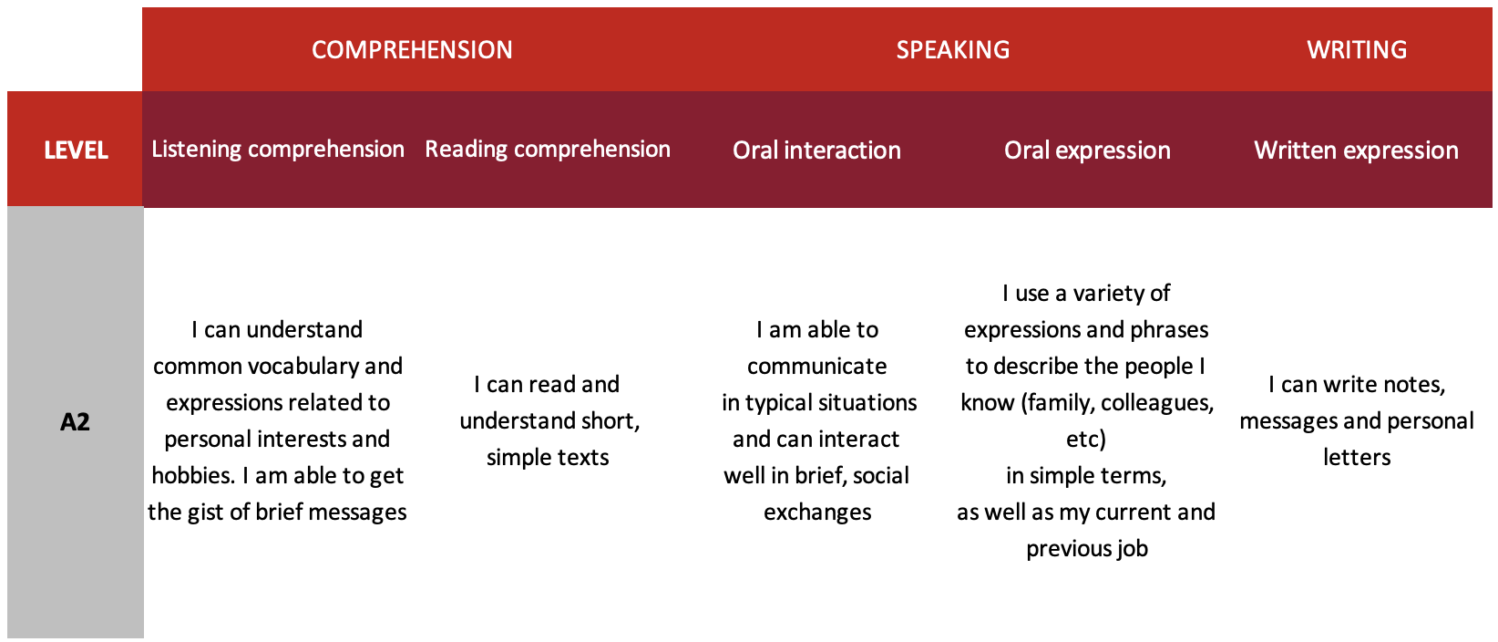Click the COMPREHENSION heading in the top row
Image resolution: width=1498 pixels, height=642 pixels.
[x=412, y=50]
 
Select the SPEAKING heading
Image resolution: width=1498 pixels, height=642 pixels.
[x=953, y=50]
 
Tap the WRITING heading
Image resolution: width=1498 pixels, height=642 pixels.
[x=1357, y=50]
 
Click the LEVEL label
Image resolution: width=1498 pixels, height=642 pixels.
[x=76, y=150]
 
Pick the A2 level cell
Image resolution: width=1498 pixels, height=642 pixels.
[x=75, y=421]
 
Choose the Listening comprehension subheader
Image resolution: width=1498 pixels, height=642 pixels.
[x=278, y=150]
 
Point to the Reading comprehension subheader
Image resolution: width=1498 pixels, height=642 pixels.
[x=548, y=150]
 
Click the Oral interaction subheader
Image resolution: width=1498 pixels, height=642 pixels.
[x=816, y=150]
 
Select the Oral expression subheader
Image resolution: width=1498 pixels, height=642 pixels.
[x=1087, y=150]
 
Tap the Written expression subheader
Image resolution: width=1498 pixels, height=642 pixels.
[x=1356, y=150]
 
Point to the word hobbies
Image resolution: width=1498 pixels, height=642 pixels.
[x=192, y=475]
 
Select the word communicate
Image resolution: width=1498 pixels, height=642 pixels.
[x=816, y=367]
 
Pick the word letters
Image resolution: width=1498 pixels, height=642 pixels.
[x=1357, y=457]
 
